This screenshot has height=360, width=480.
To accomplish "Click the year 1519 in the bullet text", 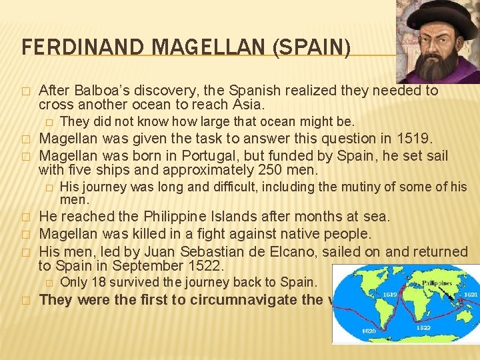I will (416, 139).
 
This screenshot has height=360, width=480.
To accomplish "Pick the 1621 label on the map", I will (469, 294).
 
